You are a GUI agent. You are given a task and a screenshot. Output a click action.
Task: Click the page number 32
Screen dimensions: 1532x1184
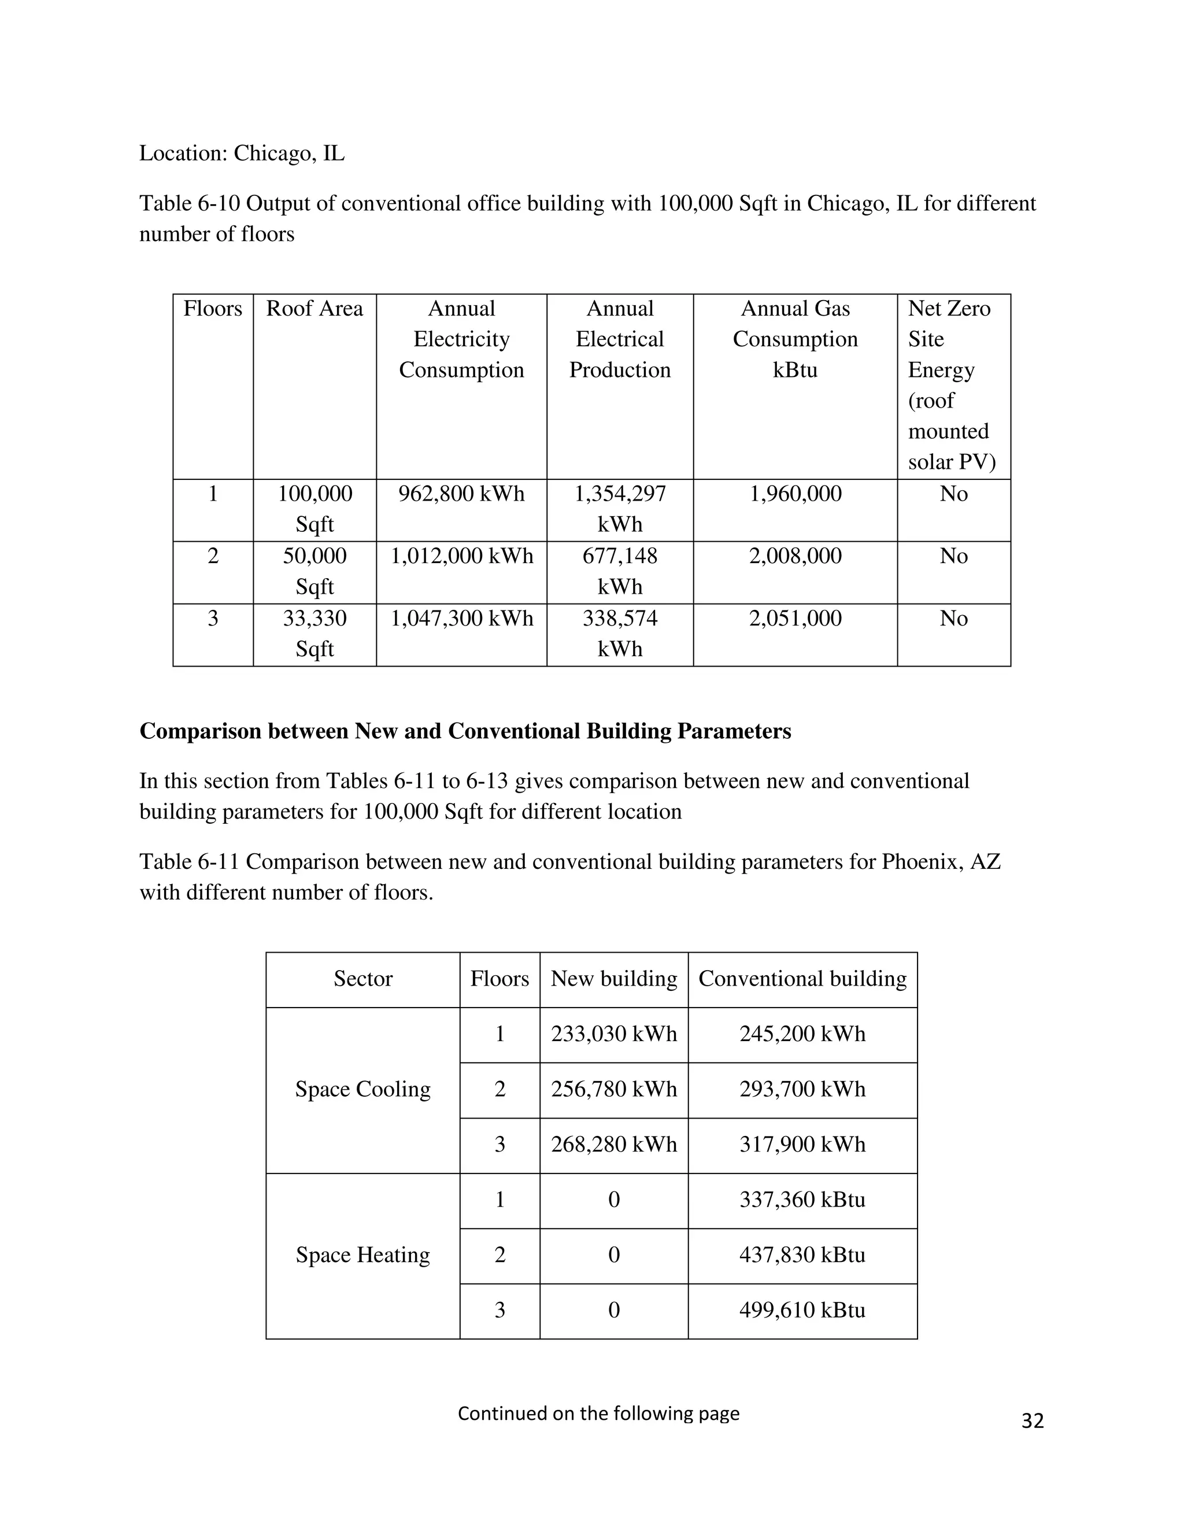click(1032, 1420)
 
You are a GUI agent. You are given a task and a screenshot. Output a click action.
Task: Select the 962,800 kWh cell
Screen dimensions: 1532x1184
click(461, 494)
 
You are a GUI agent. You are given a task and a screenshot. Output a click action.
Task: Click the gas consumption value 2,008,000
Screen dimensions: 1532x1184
click(795, 556)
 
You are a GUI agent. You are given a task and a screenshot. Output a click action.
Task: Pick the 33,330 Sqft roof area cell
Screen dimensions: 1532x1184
click(314, 634)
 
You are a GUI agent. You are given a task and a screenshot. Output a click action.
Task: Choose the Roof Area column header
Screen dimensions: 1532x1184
click(314, 309)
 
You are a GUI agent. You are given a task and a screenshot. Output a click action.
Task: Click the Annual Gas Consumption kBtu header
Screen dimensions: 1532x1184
click(795, 339)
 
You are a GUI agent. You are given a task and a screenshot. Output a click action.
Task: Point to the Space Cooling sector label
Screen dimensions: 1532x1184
click(362, 1089)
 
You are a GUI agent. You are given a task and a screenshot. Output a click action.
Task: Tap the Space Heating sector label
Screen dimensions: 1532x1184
click(362, 1255)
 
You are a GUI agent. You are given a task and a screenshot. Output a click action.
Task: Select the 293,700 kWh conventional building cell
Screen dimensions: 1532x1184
click(802, 1089)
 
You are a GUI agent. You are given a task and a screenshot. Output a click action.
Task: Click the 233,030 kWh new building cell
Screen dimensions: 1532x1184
click(614, 1034)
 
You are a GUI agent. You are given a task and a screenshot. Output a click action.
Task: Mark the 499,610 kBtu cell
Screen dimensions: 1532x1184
click(802, 1309)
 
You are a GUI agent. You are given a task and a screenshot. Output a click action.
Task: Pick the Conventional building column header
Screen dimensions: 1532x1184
click(802, 979)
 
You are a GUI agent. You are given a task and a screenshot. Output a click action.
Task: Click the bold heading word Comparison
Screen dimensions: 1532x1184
click(194, 731)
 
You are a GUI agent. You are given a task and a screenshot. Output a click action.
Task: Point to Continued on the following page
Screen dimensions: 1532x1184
click(598, 1413)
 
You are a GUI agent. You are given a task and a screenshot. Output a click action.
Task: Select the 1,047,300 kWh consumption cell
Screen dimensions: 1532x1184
click(461, 619)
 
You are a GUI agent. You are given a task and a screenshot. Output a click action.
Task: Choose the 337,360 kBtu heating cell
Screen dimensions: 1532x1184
click(802, 1200)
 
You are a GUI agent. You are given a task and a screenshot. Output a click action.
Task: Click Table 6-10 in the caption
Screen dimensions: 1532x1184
click(190, 203)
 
